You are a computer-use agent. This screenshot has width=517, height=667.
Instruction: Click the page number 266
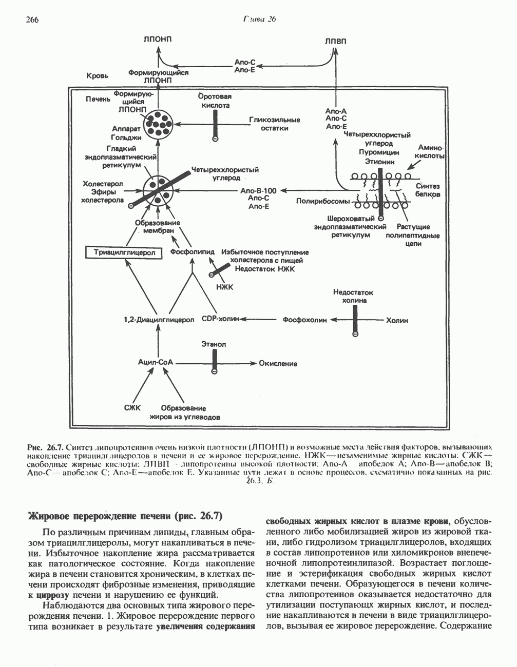32,19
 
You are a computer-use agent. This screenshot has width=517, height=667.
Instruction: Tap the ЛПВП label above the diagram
335,42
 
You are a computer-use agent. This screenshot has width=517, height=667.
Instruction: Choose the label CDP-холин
221,319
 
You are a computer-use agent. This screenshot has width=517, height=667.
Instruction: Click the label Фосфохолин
304,320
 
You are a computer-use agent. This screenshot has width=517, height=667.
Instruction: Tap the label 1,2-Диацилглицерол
159,319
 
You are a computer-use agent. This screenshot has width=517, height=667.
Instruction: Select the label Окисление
278,363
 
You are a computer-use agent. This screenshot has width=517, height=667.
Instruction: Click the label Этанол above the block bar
214,345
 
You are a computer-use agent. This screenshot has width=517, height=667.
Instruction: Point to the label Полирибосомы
318,201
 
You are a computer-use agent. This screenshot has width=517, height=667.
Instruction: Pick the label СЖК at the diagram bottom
131,408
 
